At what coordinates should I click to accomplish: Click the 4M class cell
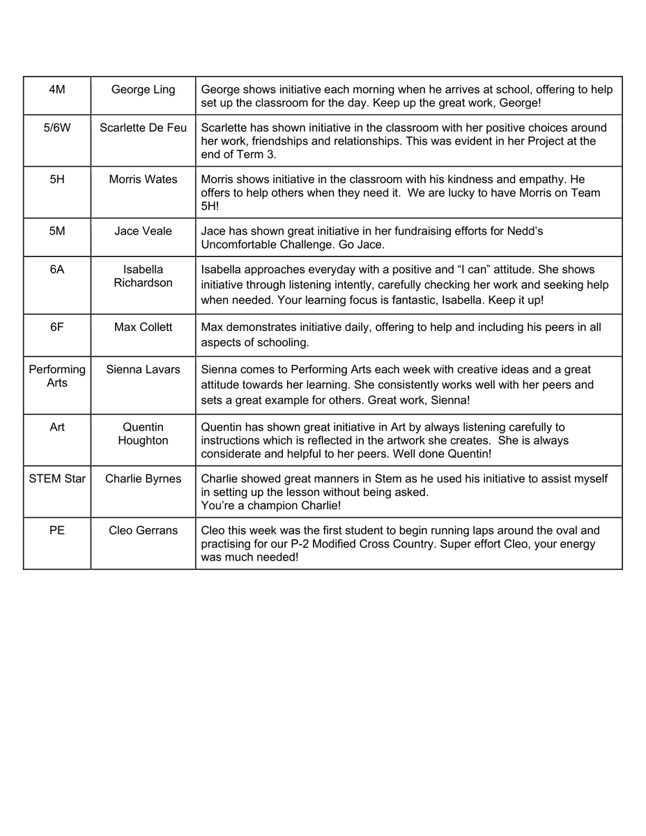pos(57,89)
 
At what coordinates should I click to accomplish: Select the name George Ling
pos(143,89)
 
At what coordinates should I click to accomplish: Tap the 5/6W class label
pos(57,127)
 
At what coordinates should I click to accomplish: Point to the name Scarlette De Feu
pos(143,127)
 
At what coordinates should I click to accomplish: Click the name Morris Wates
pos(143,179)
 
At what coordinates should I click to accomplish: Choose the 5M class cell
pos(57,231)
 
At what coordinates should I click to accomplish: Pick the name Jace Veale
pos(143,231)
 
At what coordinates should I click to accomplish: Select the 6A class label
pos(57,269)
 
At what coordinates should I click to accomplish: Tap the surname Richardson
pos(143,283)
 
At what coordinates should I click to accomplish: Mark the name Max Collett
pos(143,327)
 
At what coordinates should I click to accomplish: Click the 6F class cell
pos(57,327)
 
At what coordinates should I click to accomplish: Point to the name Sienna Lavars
pos(143,369)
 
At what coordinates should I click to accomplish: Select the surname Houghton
pos(143,440)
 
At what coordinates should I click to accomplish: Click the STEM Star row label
pos(57,479)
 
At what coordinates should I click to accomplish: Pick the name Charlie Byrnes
pos(143,479)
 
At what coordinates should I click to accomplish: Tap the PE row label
pos(57,530)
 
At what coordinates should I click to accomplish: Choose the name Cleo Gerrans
pos(143,530)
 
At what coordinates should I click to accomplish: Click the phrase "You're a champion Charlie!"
pos(271,506)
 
